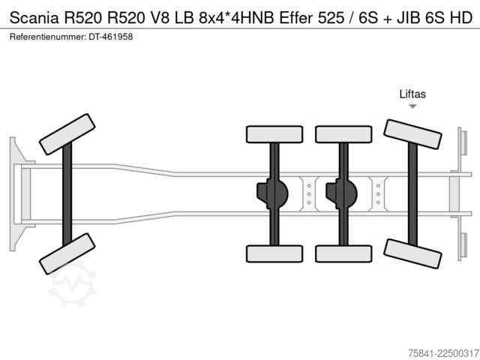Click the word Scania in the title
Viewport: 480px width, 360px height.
tap(34, 18)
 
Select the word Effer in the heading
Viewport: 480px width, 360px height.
tap(296, 18)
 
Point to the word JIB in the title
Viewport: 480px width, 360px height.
tap(408, 18)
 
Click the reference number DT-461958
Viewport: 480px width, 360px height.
tap(111, 37)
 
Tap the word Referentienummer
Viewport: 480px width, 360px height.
tap(47, 37)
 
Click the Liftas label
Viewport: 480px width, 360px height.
tap(412, 94)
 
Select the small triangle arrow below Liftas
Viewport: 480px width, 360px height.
tap(412, 106)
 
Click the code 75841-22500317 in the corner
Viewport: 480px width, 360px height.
tap(443, 353)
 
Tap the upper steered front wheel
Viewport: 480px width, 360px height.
tap(67, 134)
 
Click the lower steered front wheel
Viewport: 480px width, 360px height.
tap(67, 253)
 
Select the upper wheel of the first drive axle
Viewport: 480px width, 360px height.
tap(274, 134)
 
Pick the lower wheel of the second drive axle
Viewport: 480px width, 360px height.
tap(343, 253)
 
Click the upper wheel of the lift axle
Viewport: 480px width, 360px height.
tap(412, 134)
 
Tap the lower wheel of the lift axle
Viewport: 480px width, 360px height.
tap(412, 253)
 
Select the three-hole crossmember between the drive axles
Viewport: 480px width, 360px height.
tap(309, 194)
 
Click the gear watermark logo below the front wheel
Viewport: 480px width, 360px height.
tap(73, 284)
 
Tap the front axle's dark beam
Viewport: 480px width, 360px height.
tap(67, 194)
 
